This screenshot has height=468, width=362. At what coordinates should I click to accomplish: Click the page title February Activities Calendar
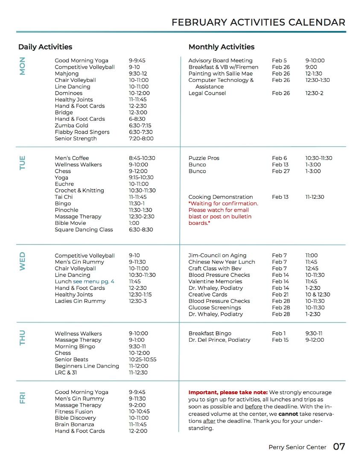pyautogui.click(x=258, y=23)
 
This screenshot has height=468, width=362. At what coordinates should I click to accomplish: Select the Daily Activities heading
pyautogui.click(x=45, y=47)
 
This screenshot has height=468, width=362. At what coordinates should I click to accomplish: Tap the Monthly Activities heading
pyautogui.click(x=221, y=47)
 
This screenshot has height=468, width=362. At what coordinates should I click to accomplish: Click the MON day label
pyautogui.click(x=23, y=66)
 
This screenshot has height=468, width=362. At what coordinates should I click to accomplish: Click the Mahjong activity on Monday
pyautogui.click(x=67, y=73)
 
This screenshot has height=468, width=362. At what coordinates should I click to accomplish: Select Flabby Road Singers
pyautogui.click(x=82, y=132)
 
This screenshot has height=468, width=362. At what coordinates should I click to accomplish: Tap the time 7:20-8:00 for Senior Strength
pyautogui.click(x=141, y=138)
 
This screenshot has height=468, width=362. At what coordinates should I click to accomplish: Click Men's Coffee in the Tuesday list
pyautogui.click(x=72, y=158)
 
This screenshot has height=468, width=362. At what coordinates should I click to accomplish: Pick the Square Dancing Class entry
pyautogui.click(x=84, y=230)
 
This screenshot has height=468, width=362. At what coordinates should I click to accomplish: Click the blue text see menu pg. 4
pyautogui.click(x=93, y=282)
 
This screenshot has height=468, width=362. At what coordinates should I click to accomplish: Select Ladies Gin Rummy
pyautogui.click(x=80, y=301)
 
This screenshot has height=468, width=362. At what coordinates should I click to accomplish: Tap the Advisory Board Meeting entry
pyautogui.click(x=220, y=61)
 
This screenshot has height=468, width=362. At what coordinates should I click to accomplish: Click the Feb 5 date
pyautogui.click(x=279, y=61)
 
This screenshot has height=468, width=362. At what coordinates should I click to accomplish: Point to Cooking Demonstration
pyautogui.click(x=221, y=197)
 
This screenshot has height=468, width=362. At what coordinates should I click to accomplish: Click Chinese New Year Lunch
pyautogui.click(x=222, y=262)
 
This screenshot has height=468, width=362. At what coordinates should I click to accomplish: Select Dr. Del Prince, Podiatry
pyautogui.click(x=219, y=340)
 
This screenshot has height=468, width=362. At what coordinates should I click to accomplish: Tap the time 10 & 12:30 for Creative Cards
pyautogui.click(x=317, y=294)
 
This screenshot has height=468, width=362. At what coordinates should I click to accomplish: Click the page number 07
pyautogui.click(x=339, y=447)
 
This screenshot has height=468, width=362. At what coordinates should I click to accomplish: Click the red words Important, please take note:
pyautogui.click(x=228, y=392)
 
